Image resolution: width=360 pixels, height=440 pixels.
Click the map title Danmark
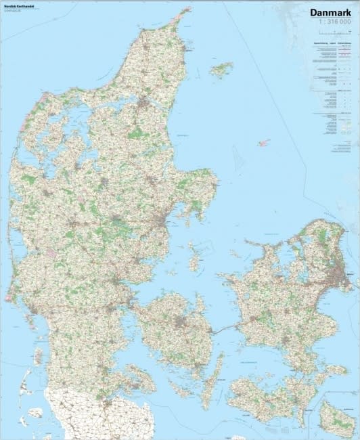pyautogui.click(x=331, y=12)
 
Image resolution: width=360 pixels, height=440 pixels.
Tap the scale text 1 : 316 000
pyautogui.click(x=332, y=23)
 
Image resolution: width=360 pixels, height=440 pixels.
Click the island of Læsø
pyautogui.click(x=221, y=68)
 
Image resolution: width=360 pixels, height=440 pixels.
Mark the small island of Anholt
pyautogui.click(x=263, y=143)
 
